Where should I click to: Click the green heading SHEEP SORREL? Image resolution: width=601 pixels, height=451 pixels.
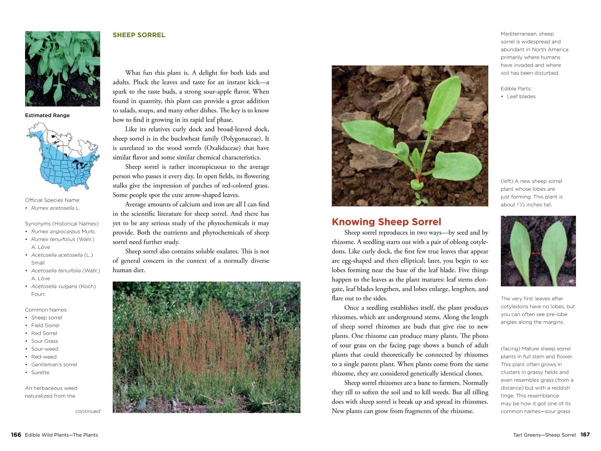pyautogui.click(x=139, y=35)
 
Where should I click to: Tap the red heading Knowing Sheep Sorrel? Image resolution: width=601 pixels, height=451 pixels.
pyautogui.click(x=386, y=222)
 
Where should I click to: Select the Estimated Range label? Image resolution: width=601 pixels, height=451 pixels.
pyautogui.click(x=47, y=115)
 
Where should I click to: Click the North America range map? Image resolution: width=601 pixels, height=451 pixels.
pyautogui.click(x=63, y=157)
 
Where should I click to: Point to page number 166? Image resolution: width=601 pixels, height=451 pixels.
pyautogui.click(x=16, y=435)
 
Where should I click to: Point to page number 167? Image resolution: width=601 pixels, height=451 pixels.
pyautogui.click(x=585, y=435)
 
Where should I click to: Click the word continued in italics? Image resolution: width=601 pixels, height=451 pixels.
pyautogui.click(x=88, y=411)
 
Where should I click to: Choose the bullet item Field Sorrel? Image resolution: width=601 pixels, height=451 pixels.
pyautogui.click(x=45, y=325)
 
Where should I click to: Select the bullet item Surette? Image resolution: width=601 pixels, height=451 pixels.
pyautogui.click(x=40, y=372)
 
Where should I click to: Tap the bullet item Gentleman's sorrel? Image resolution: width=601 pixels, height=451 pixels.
pyautogui.click(x=54, y=365)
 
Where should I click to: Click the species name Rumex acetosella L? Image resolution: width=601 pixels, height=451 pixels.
pyautogui.click(x=56, y=208)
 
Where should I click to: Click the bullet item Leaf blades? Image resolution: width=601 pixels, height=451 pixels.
pyautogui.click(x=521, y=96)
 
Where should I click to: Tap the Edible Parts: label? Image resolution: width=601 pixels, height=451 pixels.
pyautogui.click(x=516, y=89)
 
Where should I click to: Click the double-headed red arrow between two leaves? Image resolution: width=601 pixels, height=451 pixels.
pyautogui.click(x=536, y=253)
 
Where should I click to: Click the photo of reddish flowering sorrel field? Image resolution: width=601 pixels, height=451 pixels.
pyautogui.click(x=206, y=347)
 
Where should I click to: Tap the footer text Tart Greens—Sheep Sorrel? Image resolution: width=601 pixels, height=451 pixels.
pyautogui.click(x=544, y=435)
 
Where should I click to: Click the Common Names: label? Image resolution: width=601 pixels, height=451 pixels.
pyautogui.click(x=46, y=310)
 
